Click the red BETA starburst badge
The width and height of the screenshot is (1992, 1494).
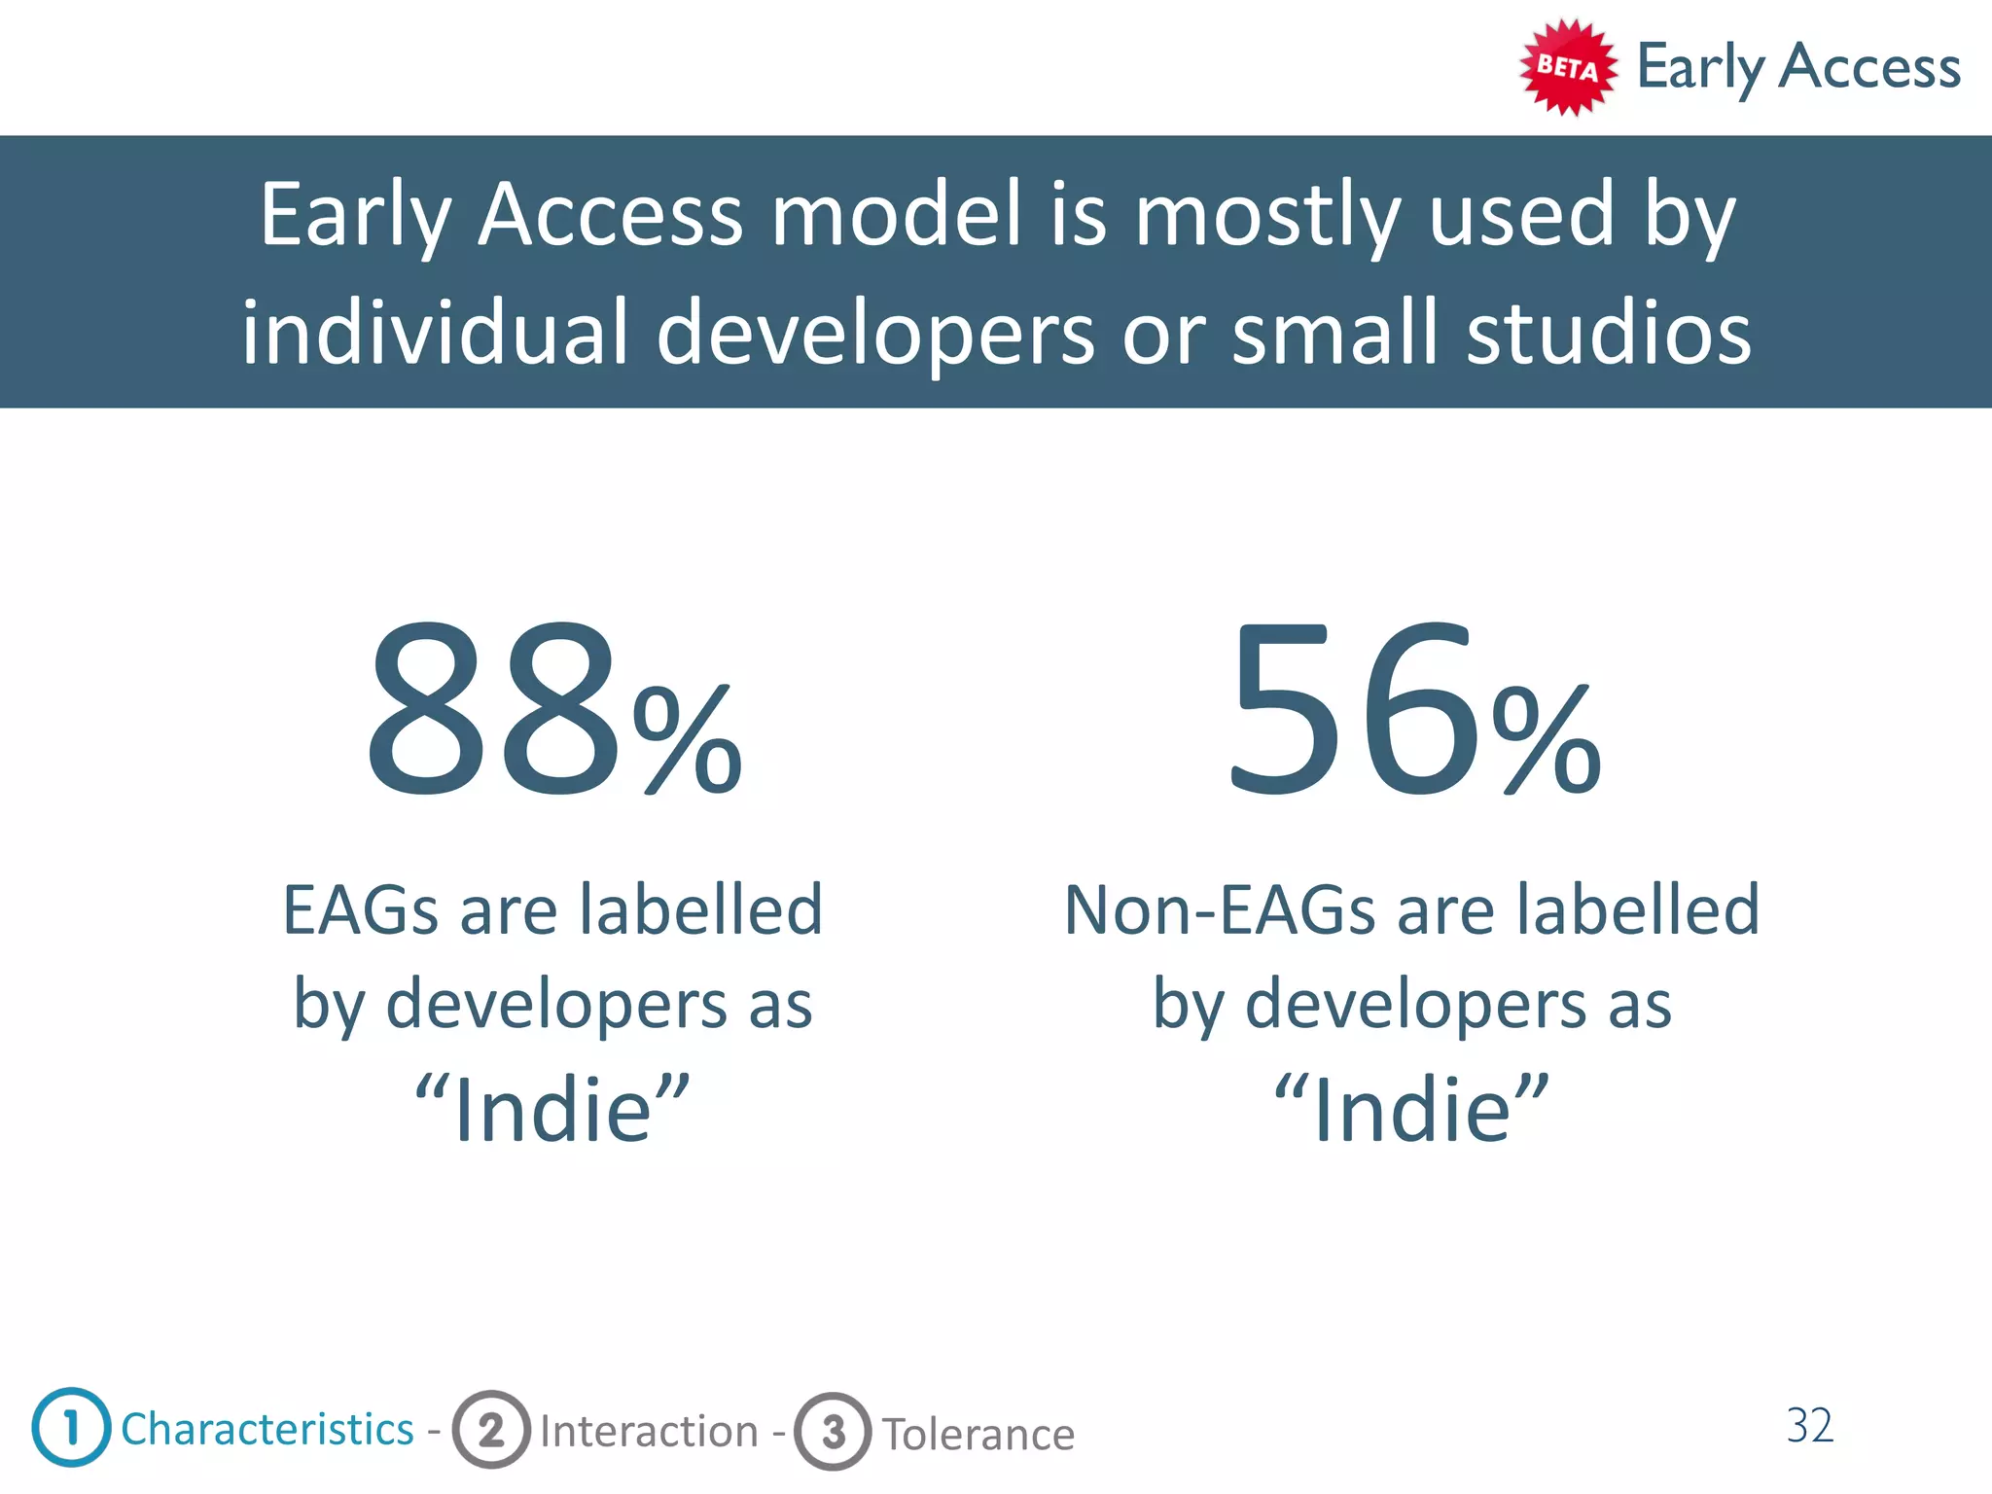point(1568,67)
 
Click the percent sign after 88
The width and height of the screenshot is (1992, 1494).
point(688,739)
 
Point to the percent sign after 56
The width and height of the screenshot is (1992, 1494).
point(1547,739)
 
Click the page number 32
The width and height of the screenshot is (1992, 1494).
point(1810,1426)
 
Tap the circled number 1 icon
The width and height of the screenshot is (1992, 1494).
point(71,1427)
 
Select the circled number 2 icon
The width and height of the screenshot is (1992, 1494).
point(491,1430)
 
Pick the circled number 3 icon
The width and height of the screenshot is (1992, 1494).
point(833,1432)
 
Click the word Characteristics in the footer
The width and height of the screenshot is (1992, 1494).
point(267,1429)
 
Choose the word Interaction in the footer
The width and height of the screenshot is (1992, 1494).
point(649,1432)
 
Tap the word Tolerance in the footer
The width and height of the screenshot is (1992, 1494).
point(978,1435)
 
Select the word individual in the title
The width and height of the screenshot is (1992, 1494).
point(435,333)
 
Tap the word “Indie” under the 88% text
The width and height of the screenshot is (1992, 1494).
point(552,1109)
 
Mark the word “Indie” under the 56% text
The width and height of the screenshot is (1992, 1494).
point(1411,1109)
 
